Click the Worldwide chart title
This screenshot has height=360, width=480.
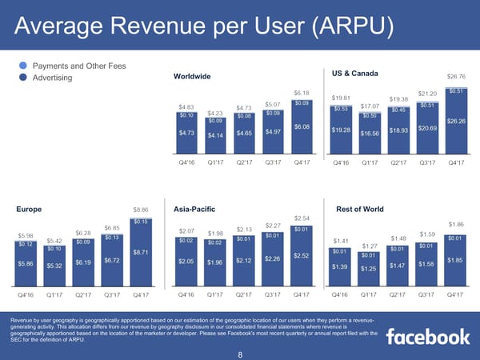click(x=191, y=76)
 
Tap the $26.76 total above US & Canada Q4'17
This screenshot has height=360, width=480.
click(x=456, y=77)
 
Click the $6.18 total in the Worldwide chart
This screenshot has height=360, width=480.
click(x=301, y=93)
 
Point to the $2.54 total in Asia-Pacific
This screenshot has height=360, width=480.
click(x=302, y=218)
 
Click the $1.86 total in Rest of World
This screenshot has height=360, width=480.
click(x=456, y=225)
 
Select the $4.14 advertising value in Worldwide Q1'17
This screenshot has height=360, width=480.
click(x=215, y=135)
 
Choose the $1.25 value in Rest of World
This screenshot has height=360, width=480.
click(x=369, y=269)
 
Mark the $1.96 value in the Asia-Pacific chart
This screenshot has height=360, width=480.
click(x=214, y=262)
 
